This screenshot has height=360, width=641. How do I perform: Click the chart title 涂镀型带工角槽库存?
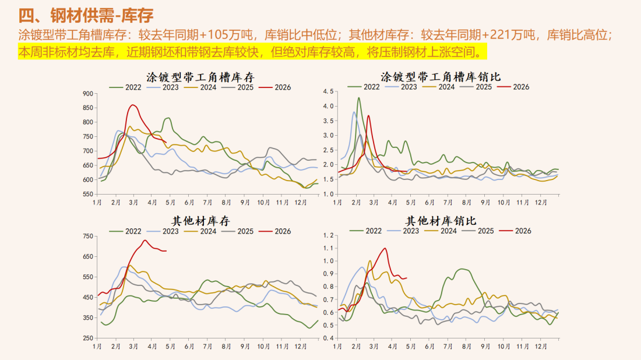[x=200, y=77]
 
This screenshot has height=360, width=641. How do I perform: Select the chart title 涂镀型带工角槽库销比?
[x=441, y=77]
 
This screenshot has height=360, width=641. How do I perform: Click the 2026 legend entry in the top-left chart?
[x=275, y=87]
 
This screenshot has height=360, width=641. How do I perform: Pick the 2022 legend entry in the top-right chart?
[x=366, y=87]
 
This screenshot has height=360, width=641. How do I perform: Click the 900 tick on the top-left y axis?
[x=87, y=93]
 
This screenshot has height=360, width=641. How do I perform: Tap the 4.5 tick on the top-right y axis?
[x=327, y=92]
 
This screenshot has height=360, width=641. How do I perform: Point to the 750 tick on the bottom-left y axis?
[x=87, y=237]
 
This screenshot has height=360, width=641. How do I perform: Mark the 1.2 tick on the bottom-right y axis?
[x=327, y=235]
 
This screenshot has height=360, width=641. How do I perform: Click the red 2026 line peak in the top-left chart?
[x=133, y=105]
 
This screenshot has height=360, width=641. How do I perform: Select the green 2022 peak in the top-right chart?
[x=358, y=98]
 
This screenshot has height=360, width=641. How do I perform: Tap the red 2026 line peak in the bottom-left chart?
[x=145, y=240]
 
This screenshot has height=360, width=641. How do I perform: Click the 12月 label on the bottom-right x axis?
[x=541, y=346]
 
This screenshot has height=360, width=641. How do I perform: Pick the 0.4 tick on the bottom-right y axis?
[x=327, y=338]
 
